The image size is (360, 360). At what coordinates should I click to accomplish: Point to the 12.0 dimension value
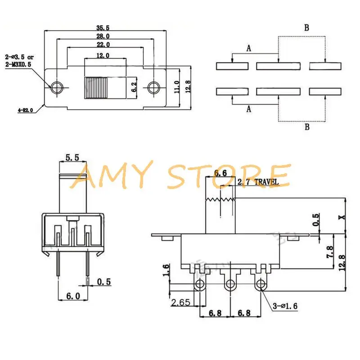coord(104,55)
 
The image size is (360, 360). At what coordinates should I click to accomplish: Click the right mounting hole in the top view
coord(154,87)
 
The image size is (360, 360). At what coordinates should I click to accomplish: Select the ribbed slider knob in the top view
coord(96,87)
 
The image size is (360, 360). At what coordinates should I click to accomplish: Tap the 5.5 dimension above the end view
coord(72,157)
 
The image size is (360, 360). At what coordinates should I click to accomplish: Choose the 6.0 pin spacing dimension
coord(72,296)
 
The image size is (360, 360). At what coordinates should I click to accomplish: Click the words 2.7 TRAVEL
coord(258,182)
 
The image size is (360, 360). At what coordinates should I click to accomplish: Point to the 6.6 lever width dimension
coord(220,173)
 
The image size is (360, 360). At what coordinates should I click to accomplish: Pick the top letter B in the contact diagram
coord(306,28)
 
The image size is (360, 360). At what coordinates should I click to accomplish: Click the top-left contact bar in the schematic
coord(232,66)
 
